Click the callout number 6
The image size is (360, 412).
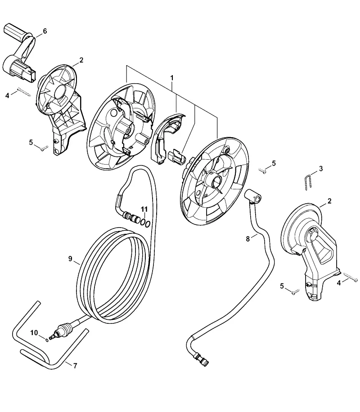tap(45, 31)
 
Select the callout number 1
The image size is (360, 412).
tap(172, 78)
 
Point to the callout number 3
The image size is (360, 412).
tap(320, 168)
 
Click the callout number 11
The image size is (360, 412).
tap(144, 209)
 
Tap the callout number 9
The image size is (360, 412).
tap(70, 259)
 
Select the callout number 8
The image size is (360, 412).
tap(247, 239)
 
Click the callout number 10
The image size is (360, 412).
tap(34, 333)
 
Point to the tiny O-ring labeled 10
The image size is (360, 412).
tap(47, 340)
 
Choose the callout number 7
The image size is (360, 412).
tap(75, 366)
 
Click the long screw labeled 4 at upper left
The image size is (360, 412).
tap(24, 92)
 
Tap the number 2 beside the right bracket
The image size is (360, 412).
tap(329, 201)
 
